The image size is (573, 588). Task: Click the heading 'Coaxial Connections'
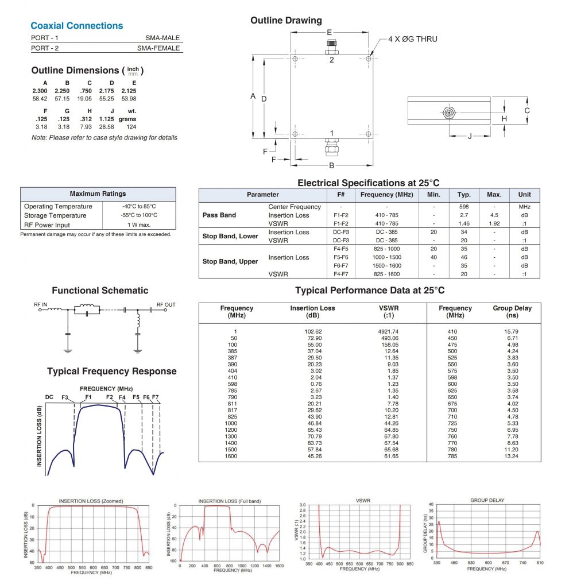click(x=76, y=26)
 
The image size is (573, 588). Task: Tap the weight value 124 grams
click(x=130, y=126)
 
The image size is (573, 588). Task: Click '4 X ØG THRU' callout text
click(x=412, y=39)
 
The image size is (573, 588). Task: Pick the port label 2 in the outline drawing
click(x=331, y=60)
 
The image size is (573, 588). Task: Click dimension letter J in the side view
click(x=470, y=136)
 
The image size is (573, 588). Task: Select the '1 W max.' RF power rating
click(x=139, y=225)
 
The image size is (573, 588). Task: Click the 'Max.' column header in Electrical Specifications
click(x=494, y=195)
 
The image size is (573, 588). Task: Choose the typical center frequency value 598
click(x=464, y=207)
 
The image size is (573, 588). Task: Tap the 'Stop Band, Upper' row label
click(x=230, y=261)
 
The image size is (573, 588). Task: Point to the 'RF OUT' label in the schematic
click(x=166, y=305)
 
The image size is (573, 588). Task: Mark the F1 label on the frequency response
click(x=88, y=397)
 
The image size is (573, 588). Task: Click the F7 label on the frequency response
click(x=155, y=397)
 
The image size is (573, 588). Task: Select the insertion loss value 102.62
click(x=312, y=331)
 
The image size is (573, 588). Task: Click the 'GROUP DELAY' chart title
click(x=487, y=500)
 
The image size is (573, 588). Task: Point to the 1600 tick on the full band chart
click(x=278, y=566)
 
